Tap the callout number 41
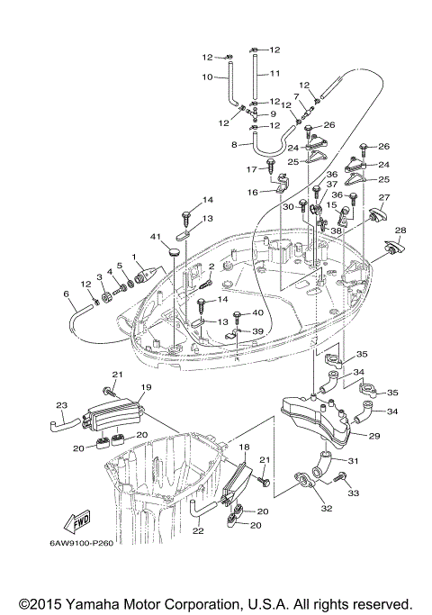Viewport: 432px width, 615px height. [155, 236]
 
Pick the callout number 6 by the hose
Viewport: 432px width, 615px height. [66, 294]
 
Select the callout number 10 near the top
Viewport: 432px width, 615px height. [207, 77]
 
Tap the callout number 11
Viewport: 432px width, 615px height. [275, 72]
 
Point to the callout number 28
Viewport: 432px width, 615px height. [400, 231]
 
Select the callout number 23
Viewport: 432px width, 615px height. [62, 404]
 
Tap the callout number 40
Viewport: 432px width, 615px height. [258, 312]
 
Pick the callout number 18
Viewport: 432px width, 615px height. [243, 447]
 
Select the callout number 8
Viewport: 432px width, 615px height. [235, 144]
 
